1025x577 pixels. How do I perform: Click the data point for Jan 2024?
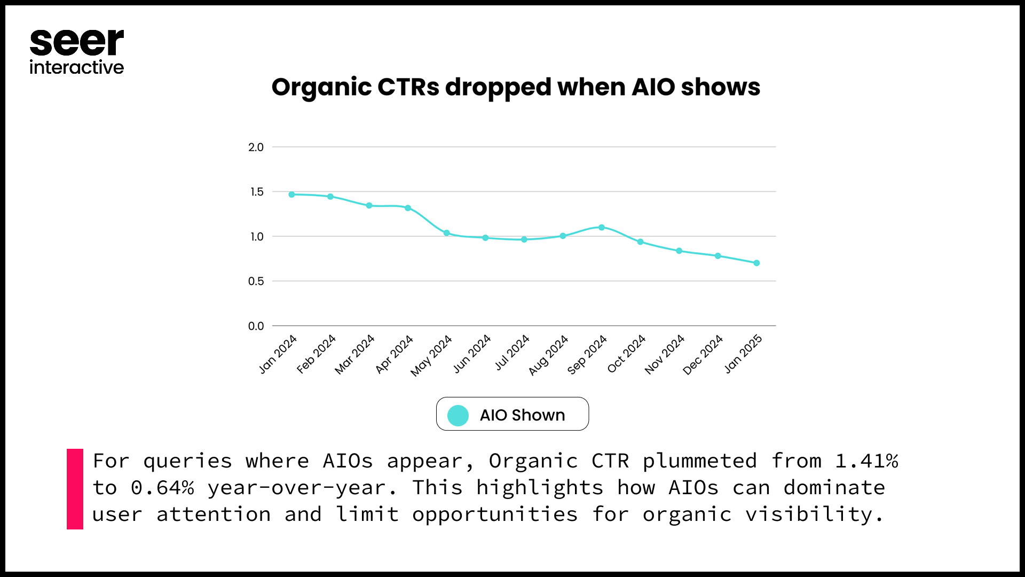pos(291,194)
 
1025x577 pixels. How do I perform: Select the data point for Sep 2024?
pos(602,228)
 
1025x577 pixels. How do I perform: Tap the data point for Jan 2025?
pos(756,263)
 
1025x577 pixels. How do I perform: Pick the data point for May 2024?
pos(447,233)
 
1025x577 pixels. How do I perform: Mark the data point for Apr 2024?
pos(408,208)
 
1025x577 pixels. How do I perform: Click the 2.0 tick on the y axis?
pos(256,147)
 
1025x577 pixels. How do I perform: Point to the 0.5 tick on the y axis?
pos(256,282)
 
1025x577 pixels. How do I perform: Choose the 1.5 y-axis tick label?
pos(257,192)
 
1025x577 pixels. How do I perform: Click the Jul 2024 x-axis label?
pos(512,353)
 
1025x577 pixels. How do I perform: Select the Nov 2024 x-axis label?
pos(665,354)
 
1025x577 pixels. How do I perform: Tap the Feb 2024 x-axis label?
pos(316,354)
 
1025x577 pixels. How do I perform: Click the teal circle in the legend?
pos(458,415)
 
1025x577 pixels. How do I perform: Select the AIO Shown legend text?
pos(522,415)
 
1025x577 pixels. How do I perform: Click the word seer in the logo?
pos(77,43)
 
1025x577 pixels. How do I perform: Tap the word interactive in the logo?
pos(77,67)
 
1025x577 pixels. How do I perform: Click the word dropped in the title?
pos(498,88)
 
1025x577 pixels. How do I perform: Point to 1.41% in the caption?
pos(867,461)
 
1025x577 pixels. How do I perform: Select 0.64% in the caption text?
pos(162,488)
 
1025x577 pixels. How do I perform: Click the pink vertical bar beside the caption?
pos(75,489)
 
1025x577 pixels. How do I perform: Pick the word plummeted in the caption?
pos(700,461)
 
